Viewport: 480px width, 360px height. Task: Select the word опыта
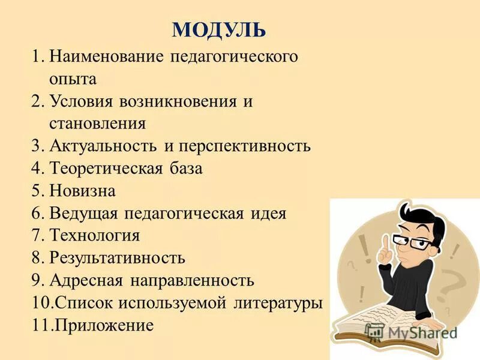coord(73,79)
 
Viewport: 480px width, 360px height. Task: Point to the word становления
coord(98,124)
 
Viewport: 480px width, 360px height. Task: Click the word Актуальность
coord(105,146)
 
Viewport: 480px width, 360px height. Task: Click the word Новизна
coord(82,191)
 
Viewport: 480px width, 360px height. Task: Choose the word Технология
coord(95,236)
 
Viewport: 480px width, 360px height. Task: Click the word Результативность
coord(118,258)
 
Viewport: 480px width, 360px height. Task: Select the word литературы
coord(277,303)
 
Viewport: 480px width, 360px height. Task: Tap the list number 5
coord(36,191)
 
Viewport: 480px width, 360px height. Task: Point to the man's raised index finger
coord(386,242)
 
